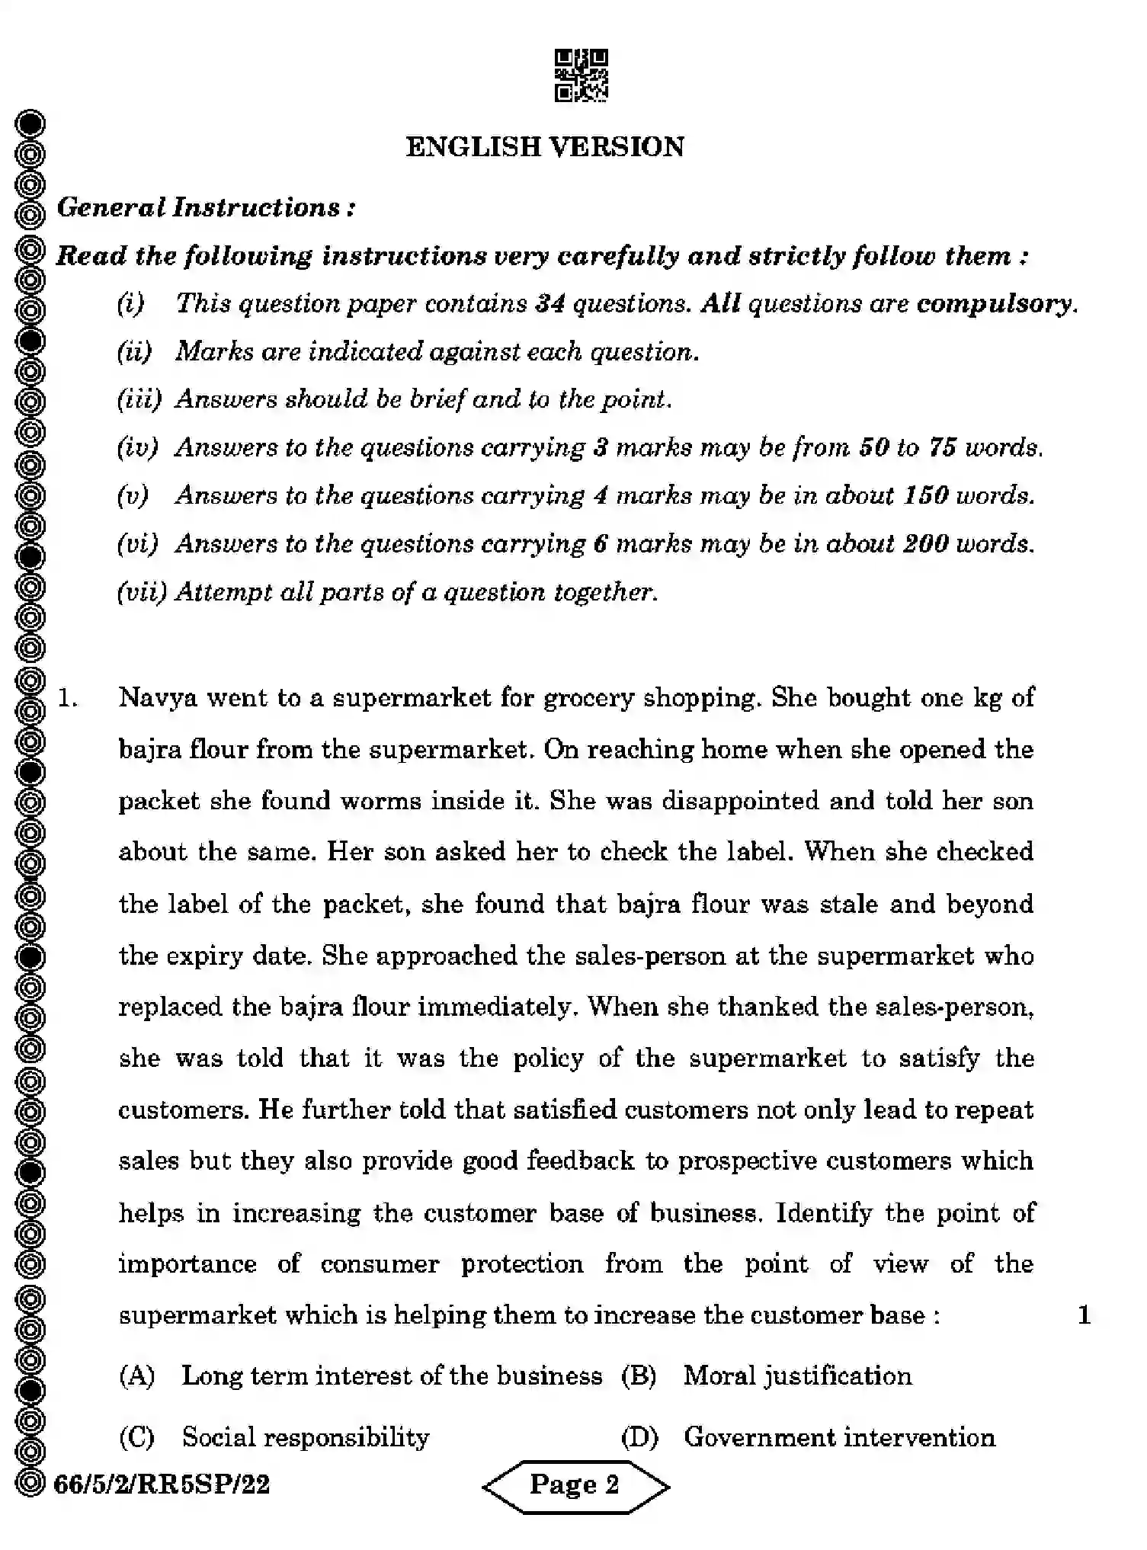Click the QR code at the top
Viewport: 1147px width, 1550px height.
click(581, 75)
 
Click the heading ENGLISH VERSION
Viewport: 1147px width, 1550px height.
click(545, 147)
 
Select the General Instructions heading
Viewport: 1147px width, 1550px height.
click(206, 207)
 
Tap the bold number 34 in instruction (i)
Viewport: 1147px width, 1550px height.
click(549, 303)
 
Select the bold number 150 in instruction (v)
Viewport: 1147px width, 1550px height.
click(925, 495)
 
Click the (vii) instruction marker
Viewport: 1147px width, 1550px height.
click(141, 592)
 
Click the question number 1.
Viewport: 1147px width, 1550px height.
click(68, 698)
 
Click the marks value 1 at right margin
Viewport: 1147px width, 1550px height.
click(1084, 1315)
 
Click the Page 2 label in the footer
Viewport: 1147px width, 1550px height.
click(575, 1484)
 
